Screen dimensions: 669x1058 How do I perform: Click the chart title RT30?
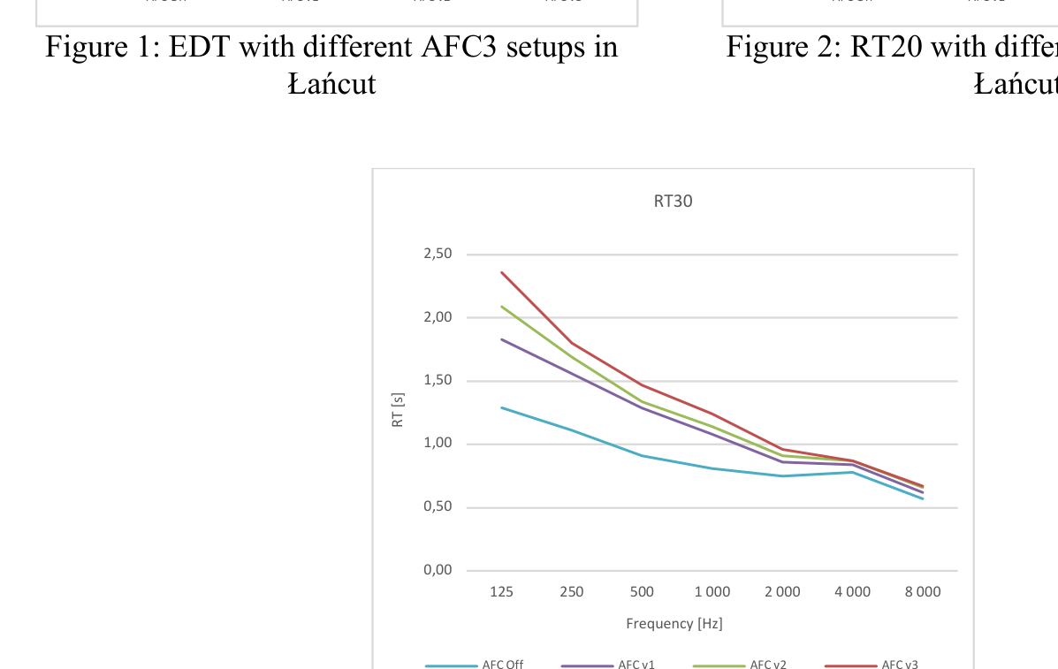click(673, 201)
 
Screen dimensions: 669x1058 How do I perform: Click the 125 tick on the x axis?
click(501, 592)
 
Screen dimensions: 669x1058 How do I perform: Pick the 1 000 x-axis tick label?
click(712, 592)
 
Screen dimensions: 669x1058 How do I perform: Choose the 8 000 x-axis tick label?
click(923, 592)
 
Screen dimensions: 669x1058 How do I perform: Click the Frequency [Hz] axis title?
click(674, 624)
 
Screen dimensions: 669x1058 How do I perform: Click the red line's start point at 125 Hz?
click(501, 272)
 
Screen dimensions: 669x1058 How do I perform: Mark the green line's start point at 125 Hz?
click(501, 307)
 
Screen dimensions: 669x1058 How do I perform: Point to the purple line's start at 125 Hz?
click(501, 339)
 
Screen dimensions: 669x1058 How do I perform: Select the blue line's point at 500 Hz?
click(642, 456)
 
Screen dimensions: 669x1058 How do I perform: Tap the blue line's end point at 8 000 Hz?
click(923, 498)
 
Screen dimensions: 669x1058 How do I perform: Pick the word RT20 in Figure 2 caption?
click(885, 47)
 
